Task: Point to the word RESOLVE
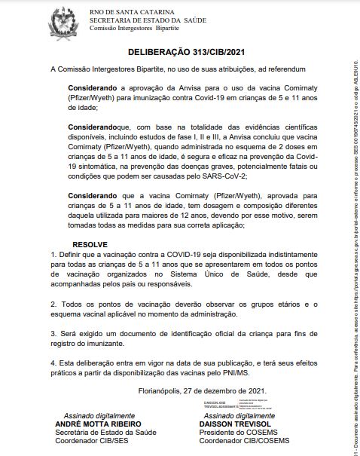[x=90, y=244]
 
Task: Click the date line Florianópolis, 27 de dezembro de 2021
[x=203, y=390]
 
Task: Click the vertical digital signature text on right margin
[x=354, y=226]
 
